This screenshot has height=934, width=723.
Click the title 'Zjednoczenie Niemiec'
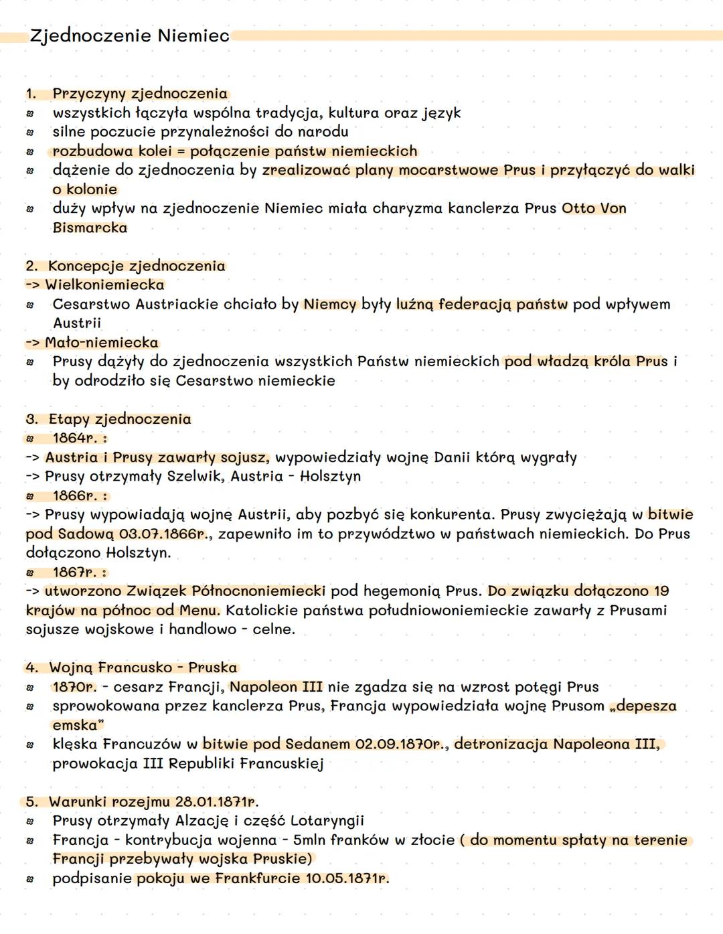tap(129, 35)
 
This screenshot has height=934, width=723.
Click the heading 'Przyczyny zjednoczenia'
tap(140, 94)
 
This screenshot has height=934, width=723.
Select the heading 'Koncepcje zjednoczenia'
tap(137, 266)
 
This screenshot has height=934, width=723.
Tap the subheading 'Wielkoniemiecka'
tap(104, 285)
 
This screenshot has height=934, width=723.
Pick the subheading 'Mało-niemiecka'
tap(102, 342)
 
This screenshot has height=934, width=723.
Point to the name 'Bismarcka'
tap(90, 228)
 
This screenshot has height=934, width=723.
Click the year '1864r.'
tap(75, 438)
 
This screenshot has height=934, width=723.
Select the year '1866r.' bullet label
tap(75, 495)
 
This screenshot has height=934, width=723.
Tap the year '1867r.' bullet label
tap(75, 572)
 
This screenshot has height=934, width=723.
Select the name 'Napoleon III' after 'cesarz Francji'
tap(276, 687)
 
